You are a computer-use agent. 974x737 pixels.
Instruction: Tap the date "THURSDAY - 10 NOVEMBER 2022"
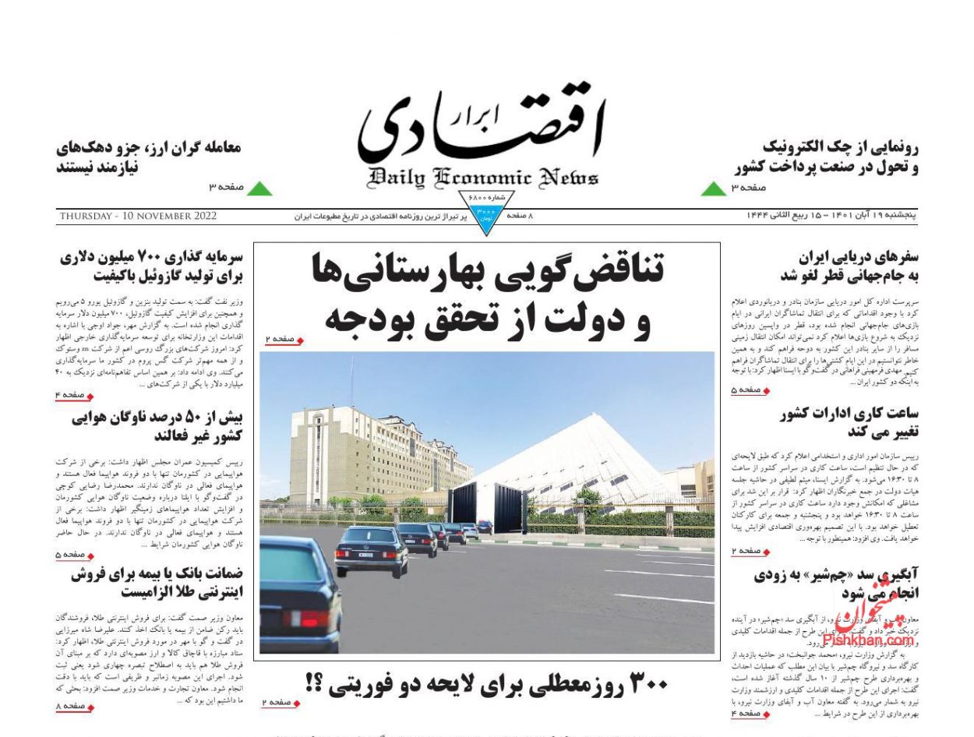(x=137, y=217)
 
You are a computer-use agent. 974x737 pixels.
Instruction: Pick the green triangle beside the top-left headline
(x=259, y=188)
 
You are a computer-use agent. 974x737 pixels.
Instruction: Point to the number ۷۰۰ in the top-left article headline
(x=146, y=258)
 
